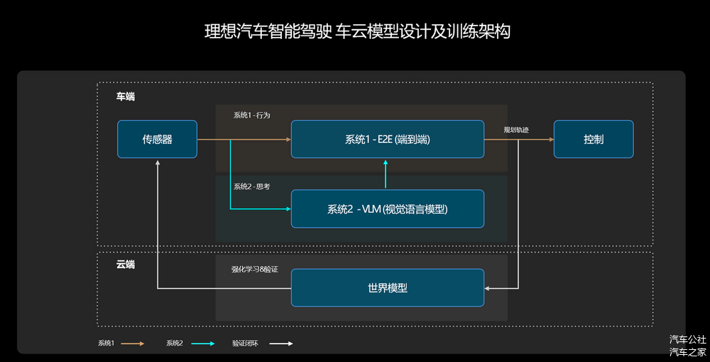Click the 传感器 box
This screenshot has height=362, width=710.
157,139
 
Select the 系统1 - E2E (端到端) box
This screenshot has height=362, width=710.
387,139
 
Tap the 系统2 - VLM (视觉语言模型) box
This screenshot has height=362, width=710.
387,209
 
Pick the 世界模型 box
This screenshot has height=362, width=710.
387,287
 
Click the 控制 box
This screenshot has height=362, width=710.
594,139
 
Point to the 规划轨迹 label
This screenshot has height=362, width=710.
516,130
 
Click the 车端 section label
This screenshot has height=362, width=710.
126,97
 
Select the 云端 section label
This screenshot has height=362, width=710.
126,265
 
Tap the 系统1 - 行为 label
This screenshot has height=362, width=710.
252,115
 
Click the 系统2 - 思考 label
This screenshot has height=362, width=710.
252,187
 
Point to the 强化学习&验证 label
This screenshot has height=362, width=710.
254,269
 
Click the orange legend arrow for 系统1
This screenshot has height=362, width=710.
133,344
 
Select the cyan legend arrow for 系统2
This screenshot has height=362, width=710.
203,344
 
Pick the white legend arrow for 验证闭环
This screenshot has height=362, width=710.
281,344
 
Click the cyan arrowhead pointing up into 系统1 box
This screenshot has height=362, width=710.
386,162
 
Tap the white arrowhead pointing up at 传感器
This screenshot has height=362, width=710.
158,162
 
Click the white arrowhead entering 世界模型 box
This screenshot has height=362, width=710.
487,287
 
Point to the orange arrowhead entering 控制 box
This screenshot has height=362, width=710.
551,139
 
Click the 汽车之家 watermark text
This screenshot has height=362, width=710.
688,351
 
